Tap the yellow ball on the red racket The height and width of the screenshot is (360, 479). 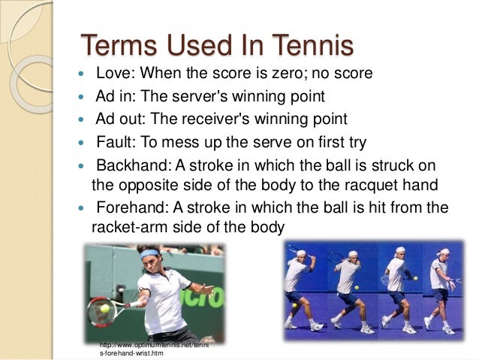tap(104, 307)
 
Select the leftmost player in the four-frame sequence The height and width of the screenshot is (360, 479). tap(298, 289)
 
